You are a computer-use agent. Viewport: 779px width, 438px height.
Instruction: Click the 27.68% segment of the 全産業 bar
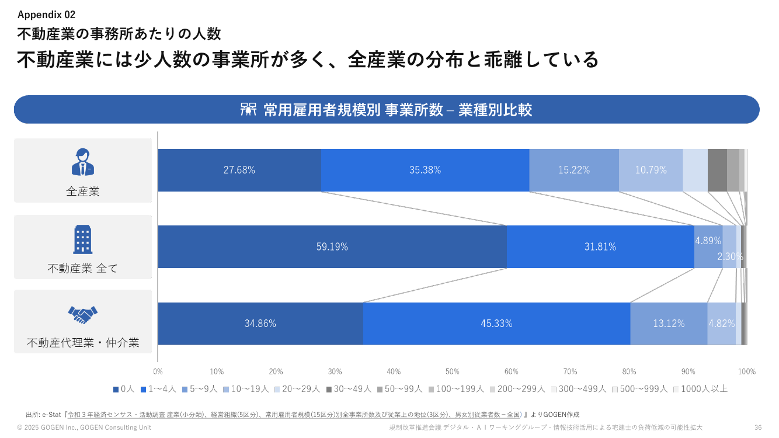239,170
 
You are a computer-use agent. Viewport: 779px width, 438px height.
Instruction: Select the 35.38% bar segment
425,170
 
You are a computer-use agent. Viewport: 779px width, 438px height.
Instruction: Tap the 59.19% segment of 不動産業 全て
332,246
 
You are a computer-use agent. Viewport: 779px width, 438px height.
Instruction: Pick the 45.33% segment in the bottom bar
497,324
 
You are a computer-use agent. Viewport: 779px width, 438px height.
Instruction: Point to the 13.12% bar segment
669,324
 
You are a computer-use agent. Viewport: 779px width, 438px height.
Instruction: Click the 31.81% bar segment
600,246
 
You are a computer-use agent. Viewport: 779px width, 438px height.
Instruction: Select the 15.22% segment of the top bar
574,170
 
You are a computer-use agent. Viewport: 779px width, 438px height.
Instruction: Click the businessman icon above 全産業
83,162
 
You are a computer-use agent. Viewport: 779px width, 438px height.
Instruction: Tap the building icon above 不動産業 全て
83,239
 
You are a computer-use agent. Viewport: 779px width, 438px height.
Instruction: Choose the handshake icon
83,315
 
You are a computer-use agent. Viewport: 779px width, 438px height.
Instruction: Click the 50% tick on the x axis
453,371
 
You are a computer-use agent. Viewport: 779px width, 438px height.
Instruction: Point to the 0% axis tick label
158,371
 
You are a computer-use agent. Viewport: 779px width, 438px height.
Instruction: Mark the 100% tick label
747,371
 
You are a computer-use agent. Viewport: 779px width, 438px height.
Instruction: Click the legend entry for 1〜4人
158,389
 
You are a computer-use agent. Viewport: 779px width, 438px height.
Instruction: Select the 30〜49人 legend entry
349,389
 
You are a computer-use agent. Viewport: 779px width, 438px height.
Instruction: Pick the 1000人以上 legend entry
700,389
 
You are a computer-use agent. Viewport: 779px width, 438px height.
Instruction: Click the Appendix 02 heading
46,15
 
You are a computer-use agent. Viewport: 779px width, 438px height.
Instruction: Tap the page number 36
758,427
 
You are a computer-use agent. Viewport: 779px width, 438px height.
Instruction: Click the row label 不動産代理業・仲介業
83,343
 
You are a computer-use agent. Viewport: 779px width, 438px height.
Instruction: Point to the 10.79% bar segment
651,170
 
